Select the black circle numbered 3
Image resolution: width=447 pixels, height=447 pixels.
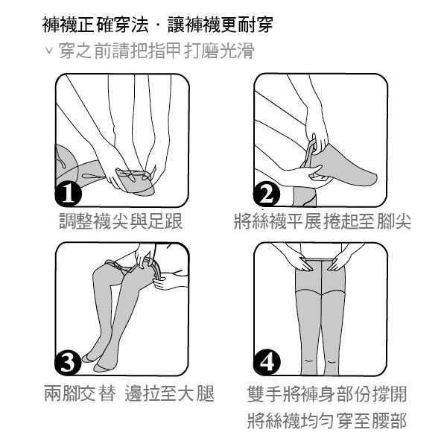coord(68,362)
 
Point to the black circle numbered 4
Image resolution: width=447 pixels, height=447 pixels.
coord(267,362)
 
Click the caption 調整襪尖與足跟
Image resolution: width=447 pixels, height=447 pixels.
coord(121,221)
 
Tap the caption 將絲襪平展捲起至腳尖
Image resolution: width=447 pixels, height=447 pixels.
coord(323,221)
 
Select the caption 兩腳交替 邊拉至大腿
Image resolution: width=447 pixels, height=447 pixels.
coord(129,393)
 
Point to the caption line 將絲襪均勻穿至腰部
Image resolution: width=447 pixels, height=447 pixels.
coord(327,420)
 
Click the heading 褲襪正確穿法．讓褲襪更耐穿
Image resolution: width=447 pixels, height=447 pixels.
coord(158,25)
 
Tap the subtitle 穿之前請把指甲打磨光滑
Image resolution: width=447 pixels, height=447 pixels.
coord(156,51)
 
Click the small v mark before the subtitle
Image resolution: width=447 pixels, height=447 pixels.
coord(49,50)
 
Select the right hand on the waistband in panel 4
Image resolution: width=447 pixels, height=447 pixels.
coord(340,262)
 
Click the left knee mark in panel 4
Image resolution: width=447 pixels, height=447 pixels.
coord(309,361)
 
